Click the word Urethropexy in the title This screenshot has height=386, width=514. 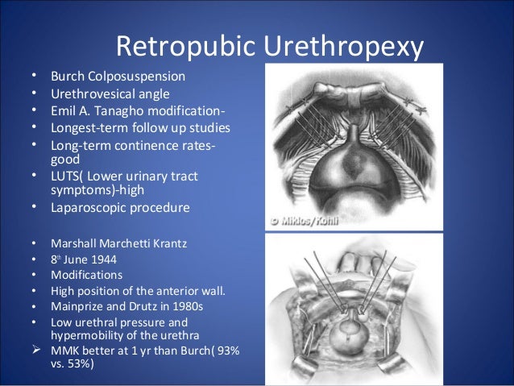pyautogui.click(x=342, y=46)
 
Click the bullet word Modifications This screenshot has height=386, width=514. pyautogui.click(x=85, y=276)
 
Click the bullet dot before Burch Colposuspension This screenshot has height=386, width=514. pyautogui.click(x=34, y=77)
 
